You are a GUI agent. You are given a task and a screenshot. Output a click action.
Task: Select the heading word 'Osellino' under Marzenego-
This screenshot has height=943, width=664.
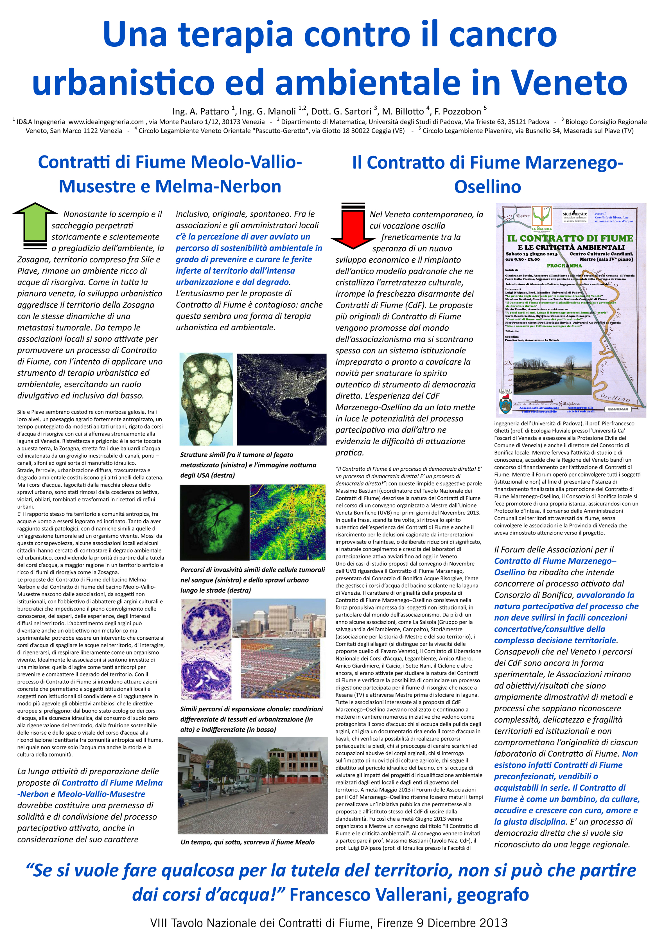487,187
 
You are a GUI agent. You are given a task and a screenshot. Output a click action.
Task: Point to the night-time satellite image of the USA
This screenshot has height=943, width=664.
282,399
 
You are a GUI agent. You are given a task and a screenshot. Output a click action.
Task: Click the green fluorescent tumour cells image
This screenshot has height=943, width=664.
214,522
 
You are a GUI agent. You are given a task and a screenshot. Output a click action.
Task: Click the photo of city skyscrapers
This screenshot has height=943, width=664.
276,617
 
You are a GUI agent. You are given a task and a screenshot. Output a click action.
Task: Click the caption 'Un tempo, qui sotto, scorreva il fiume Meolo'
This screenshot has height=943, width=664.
247,842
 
